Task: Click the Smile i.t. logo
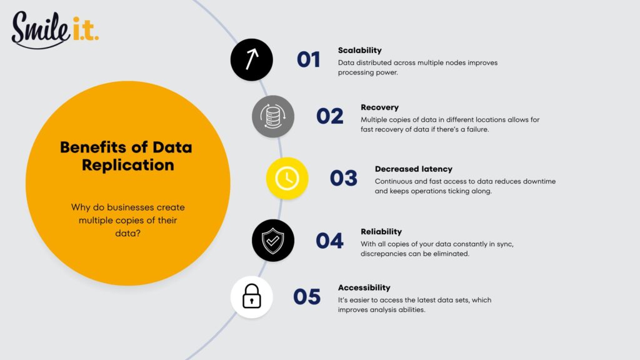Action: point(54,29)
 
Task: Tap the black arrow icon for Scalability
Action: point(252,59)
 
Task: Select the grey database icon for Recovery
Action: point(273,116)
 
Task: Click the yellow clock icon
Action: point(287,178)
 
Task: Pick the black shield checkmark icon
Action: point(273,240)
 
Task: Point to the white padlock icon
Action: point(251,297)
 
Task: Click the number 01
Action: point(309,59)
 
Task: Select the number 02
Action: point(330,116)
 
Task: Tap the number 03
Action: point(344,178)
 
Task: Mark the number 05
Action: point(307,297)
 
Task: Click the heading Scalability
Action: point(359,50)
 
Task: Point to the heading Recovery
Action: point(379,107)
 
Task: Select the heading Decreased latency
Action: point(413,169)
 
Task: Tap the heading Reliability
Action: point(381,231)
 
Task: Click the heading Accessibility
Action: point(364,287)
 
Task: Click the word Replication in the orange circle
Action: point(127,165)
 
